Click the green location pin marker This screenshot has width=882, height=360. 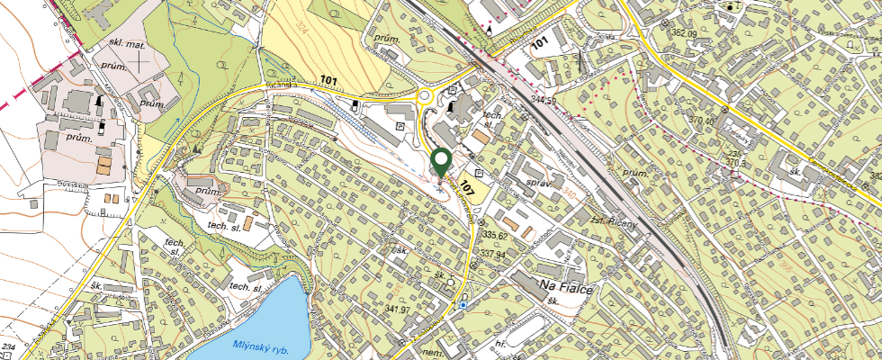point(441,162)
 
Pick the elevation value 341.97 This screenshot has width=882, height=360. point(397,310)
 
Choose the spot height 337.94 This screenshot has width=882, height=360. point(493,254)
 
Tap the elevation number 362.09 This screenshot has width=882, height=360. point(684,33)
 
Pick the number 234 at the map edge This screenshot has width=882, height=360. point(8,346)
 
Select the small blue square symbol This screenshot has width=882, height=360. point(463,305)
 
